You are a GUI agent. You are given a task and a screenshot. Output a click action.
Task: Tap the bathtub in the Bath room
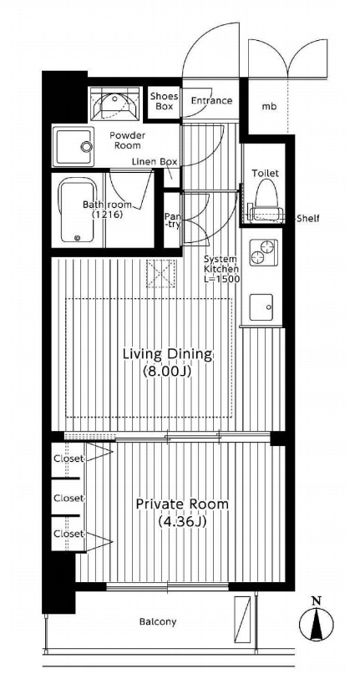(x=77, y=211)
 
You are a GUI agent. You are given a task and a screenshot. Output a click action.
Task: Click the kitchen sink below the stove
(x=261, y=306)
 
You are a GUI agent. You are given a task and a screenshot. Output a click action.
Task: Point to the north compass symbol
(x=317, y=620)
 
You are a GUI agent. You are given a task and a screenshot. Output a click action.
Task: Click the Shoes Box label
(x=165, y=102)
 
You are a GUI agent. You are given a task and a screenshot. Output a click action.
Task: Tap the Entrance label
(x=211, y=100)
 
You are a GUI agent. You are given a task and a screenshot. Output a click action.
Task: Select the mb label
(x=268, y=107)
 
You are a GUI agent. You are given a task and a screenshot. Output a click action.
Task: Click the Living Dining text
(x=168, y=354)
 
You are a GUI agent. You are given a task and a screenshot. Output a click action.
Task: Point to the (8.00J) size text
(x=167, y=372)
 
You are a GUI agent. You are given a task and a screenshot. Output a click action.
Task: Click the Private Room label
(x=182, y=504)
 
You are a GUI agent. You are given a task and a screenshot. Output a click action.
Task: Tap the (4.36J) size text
(x=182, y=522)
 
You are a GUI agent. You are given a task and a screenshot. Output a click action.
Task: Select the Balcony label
(x=158, y=622)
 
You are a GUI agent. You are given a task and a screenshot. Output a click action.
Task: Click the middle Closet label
(x=68, y=499)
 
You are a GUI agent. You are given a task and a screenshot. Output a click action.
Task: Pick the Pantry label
(x=171, y=220)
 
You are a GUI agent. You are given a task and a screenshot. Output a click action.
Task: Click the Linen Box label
(x=154, y=161)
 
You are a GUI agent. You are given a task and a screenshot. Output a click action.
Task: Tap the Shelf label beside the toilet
(x=307, y=218)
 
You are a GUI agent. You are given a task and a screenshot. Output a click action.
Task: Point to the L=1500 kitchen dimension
(x=221, y=279)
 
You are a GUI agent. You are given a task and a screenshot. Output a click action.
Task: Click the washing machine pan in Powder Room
(x=74, y=147)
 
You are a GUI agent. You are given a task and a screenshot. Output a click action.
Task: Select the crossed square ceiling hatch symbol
(x=161, y=273)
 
